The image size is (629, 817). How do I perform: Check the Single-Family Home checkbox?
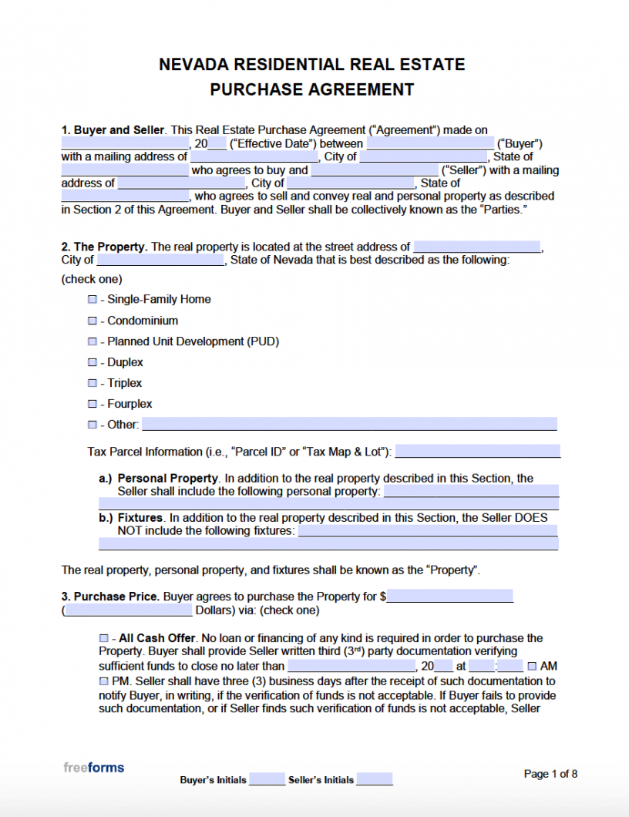tap(92, 299)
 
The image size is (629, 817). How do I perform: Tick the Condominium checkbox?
tap(92, 321)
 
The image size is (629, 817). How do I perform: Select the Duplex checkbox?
tap(92, 362)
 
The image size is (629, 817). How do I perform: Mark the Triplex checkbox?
tap(92, 383)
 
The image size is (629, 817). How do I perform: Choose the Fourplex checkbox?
tap(92, 404)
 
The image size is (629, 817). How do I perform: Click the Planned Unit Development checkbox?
tap(92, 341)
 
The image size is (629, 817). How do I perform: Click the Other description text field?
tap(349, 424)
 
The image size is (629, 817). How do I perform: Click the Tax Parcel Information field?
tap(477, 451)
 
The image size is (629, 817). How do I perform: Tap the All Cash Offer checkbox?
tap(104, 638)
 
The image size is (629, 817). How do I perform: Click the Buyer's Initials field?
tap(267, 779)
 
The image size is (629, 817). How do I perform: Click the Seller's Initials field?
tap(375, 779)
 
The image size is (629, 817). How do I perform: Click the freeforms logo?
tap(93, 768)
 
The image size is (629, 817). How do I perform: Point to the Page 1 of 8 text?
tap(550, 774)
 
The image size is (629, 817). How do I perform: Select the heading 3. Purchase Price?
tap(110, 597)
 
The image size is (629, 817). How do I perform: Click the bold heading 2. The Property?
tap(104, 247)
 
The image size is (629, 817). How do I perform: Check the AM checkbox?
tap(532, 666)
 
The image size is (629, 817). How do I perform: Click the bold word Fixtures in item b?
tap(140, 518)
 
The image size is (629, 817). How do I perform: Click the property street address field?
tap(477, 247)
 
